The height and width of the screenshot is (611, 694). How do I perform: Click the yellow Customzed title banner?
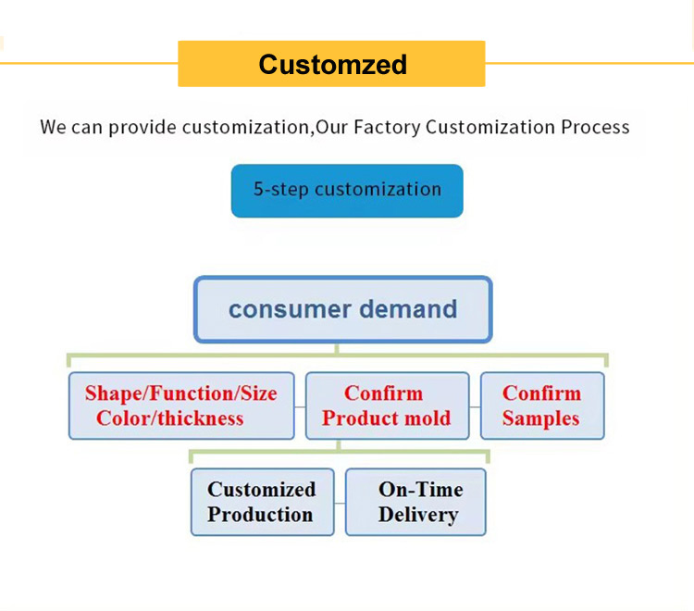coord(332,64)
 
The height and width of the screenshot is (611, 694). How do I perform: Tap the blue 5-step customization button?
coord(347,191)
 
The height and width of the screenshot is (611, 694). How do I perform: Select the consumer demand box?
coord(342,309)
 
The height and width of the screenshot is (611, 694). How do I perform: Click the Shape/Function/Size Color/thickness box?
coord(181,405)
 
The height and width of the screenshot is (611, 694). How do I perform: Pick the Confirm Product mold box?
coord(387,405)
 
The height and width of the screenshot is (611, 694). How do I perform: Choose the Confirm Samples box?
coord(542,405)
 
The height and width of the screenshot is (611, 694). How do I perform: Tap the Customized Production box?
coord(262,502)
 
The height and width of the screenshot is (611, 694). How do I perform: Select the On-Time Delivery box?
coord(415,502)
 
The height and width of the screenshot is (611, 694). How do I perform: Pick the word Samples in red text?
coord(540,418)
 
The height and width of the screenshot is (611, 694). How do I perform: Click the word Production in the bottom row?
coord(260,515)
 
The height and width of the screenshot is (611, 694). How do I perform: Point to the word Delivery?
coord(418,515)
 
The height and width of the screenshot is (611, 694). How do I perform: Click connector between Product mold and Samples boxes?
coord(475,405)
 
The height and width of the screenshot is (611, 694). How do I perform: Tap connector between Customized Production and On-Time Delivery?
coord(340,503)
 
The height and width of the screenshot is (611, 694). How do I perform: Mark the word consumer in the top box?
coord(279,309)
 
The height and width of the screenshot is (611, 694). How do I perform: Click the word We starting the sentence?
coord(53,127)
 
